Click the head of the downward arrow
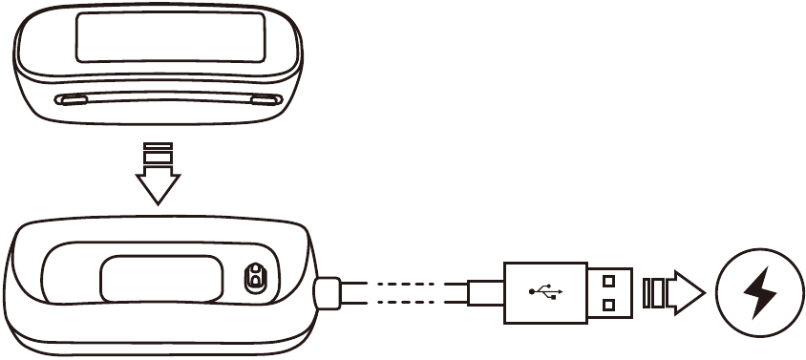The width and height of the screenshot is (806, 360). (157, 188)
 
